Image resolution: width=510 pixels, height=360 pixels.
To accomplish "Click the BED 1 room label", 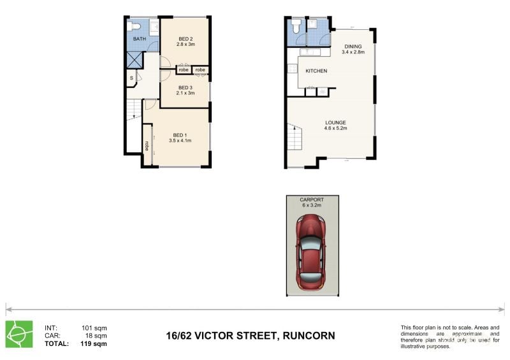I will (x=180, y=134).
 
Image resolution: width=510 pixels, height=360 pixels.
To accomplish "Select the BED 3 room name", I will (x=185, y=87).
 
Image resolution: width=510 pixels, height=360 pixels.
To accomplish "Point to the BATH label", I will (x=139, y=39).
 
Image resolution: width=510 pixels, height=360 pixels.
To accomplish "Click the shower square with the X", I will (x=135, y=59).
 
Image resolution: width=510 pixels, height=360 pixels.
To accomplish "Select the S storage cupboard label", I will (x=131, y=78).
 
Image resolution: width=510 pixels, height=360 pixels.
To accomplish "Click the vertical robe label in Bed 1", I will (x=147, y=145).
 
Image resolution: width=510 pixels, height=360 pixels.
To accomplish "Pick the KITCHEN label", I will (x=316, y=71).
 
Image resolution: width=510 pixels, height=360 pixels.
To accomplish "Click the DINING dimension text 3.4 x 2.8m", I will (x=353, y=52).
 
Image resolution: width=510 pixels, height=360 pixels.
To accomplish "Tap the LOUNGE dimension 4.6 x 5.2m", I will (x=335, y=128).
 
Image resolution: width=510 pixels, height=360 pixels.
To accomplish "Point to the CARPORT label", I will (x=312, y=200).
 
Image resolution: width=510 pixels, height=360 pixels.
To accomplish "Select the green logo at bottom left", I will (x=20, y=334).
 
